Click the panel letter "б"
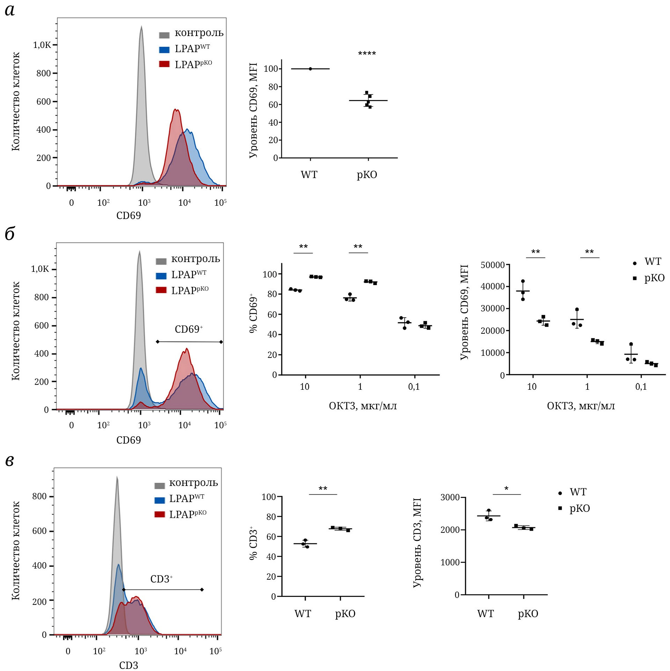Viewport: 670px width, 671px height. pyautogui.click(x=10, y=234)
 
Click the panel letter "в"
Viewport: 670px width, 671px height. pyautogui.click(x=10, y=461)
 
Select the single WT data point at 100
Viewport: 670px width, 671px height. pyautogui.click(x=310, y=69)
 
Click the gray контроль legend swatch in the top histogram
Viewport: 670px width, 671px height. pyautogui.click(x=164, y=35)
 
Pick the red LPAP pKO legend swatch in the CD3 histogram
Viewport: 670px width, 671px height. pyautogui.click(x=160, y=514)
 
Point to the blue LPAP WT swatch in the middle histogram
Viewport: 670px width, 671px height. pyautogui.click(x=161, y=276)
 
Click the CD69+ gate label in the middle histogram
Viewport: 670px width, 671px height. pyautogui.click(x=189, y=330)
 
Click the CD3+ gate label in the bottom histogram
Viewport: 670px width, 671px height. pyautogui.click(x=161, y=579)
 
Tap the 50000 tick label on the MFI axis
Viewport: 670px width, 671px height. pyautogui.click(x=492, y=265)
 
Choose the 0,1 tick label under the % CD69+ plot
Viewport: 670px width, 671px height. pyautogui.click(x=414, y=387)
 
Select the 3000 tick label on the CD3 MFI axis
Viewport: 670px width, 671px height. pyautogui.click(x=450, y=497)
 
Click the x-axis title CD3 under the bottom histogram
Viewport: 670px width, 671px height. pyautogui.click(x=129, y=665)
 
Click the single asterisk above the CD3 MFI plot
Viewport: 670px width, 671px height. pyautogui.click(x=506, y=489)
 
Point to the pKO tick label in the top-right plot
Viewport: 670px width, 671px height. pyautogui.click(x=367, y=175)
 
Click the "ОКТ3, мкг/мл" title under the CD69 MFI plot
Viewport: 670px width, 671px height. pyautogui.click(x=581, y=406)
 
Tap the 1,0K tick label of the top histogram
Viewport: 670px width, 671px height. pyautogui.click(x=42, y=45)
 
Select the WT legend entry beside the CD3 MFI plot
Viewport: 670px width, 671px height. pyautogui.click(x=577, y=492)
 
